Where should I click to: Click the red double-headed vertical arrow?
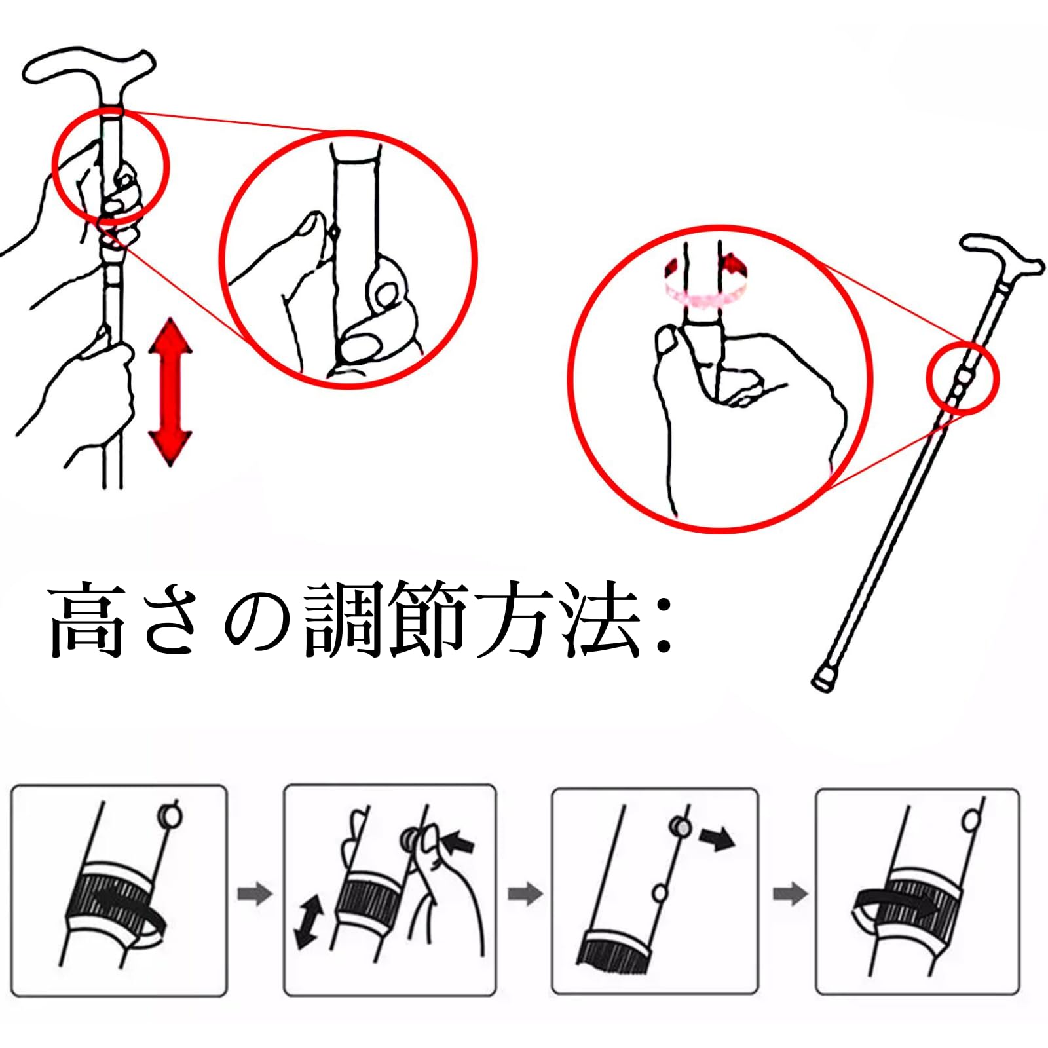pyautogui.click(x=170, y=392)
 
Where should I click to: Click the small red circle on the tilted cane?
pyautogui.click(x=963, y=379)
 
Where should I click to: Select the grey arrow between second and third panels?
pyautogui.click(x=525, y=893)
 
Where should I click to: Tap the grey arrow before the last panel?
pyautogui.click(x=791, y=893)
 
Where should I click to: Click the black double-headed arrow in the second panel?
pyautogui.click(x=309, y=923)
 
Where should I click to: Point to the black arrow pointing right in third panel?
pyautogui.click(x=717, y=839)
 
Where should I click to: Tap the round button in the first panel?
pyautogui.click(x=170, y=816)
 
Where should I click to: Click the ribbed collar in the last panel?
pyautogui.click(x=909, y=898)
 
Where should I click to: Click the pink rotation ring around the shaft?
pyautogui.click(x=705, y=281)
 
